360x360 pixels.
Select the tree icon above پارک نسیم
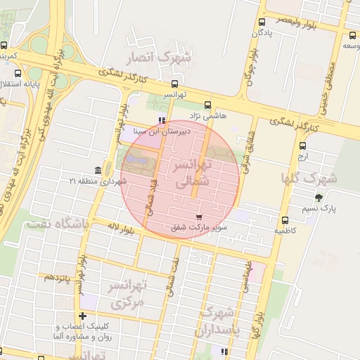319,198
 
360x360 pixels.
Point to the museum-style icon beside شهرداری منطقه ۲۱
97,171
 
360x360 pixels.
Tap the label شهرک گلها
309,177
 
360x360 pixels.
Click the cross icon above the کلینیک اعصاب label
84,316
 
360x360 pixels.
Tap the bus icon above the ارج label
302,146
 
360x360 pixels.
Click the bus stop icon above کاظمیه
285,220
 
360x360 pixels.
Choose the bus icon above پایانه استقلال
18,73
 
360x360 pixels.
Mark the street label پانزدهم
58,278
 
